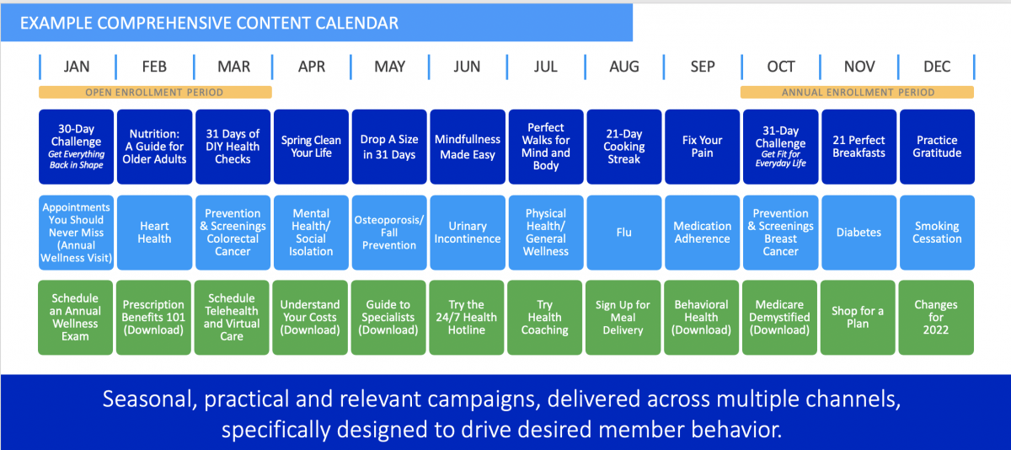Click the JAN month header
[77, 67]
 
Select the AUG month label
[624, 67]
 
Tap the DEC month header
[937, 67]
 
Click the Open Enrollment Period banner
[155, 92]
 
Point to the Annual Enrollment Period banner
[857, 92]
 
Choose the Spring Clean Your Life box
[311, 147]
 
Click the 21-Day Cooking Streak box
[624, 147]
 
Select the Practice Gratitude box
[937, 147]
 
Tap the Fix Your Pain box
[703, 147]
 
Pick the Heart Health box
[154, 233]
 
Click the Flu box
[624, 233]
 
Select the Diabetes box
[859, 233]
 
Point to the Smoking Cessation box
[937, 233]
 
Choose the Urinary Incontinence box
[468, 233]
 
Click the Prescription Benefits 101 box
[153, 318]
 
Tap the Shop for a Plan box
[858, 318]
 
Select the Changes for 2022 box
[936, 318]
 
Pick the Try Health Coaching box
[545, 318]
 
